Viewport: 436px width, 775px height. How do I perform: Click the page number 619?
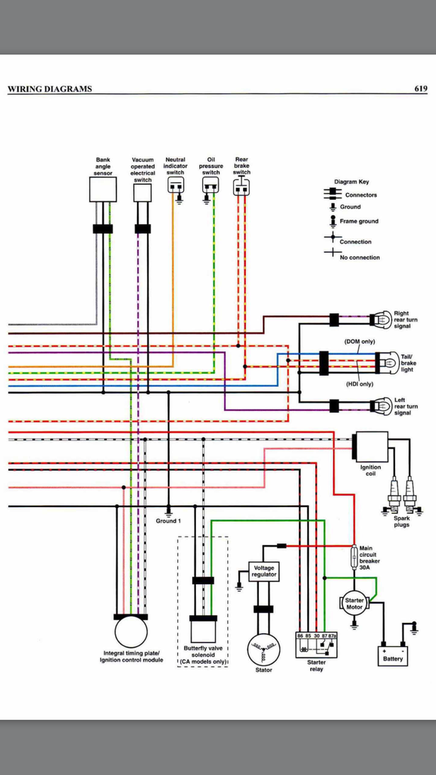tap(420, 89)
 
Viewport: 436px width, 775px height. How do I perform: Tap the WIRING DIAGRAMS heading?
tap(50, 89)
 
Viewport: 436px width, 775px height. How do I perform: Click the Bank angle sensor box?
tap(103, 189)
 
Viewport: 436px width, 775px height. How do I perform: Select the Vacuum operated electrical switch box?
tap(142, 192)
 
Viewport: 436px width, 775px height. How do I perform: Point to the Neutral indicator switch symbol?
tap(176, 186)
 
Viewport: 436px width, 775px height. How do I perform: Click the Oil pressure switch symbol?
tap(210, 186)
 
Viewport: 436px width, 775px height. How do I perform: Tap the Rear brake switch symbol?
tap(241, 186)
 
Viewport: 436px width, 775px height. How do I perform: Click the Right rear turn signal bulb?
tap(383, 319)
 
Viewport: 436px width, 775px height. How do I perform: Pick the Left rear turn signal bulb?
tap(383, 406)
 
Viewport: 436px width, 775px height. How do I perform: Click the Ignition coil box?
tap(371, 446)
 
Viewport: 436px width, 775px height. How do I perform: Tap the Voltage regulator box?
tap(264, 571)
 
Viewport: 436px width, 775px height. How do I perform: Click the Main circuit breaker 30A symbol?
tap(354, 559)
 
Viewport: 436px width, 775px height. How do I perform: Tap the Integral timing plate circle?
tap(131, 631)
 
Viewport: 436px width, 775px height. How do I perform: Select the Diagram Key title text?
tap(351, 182)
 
